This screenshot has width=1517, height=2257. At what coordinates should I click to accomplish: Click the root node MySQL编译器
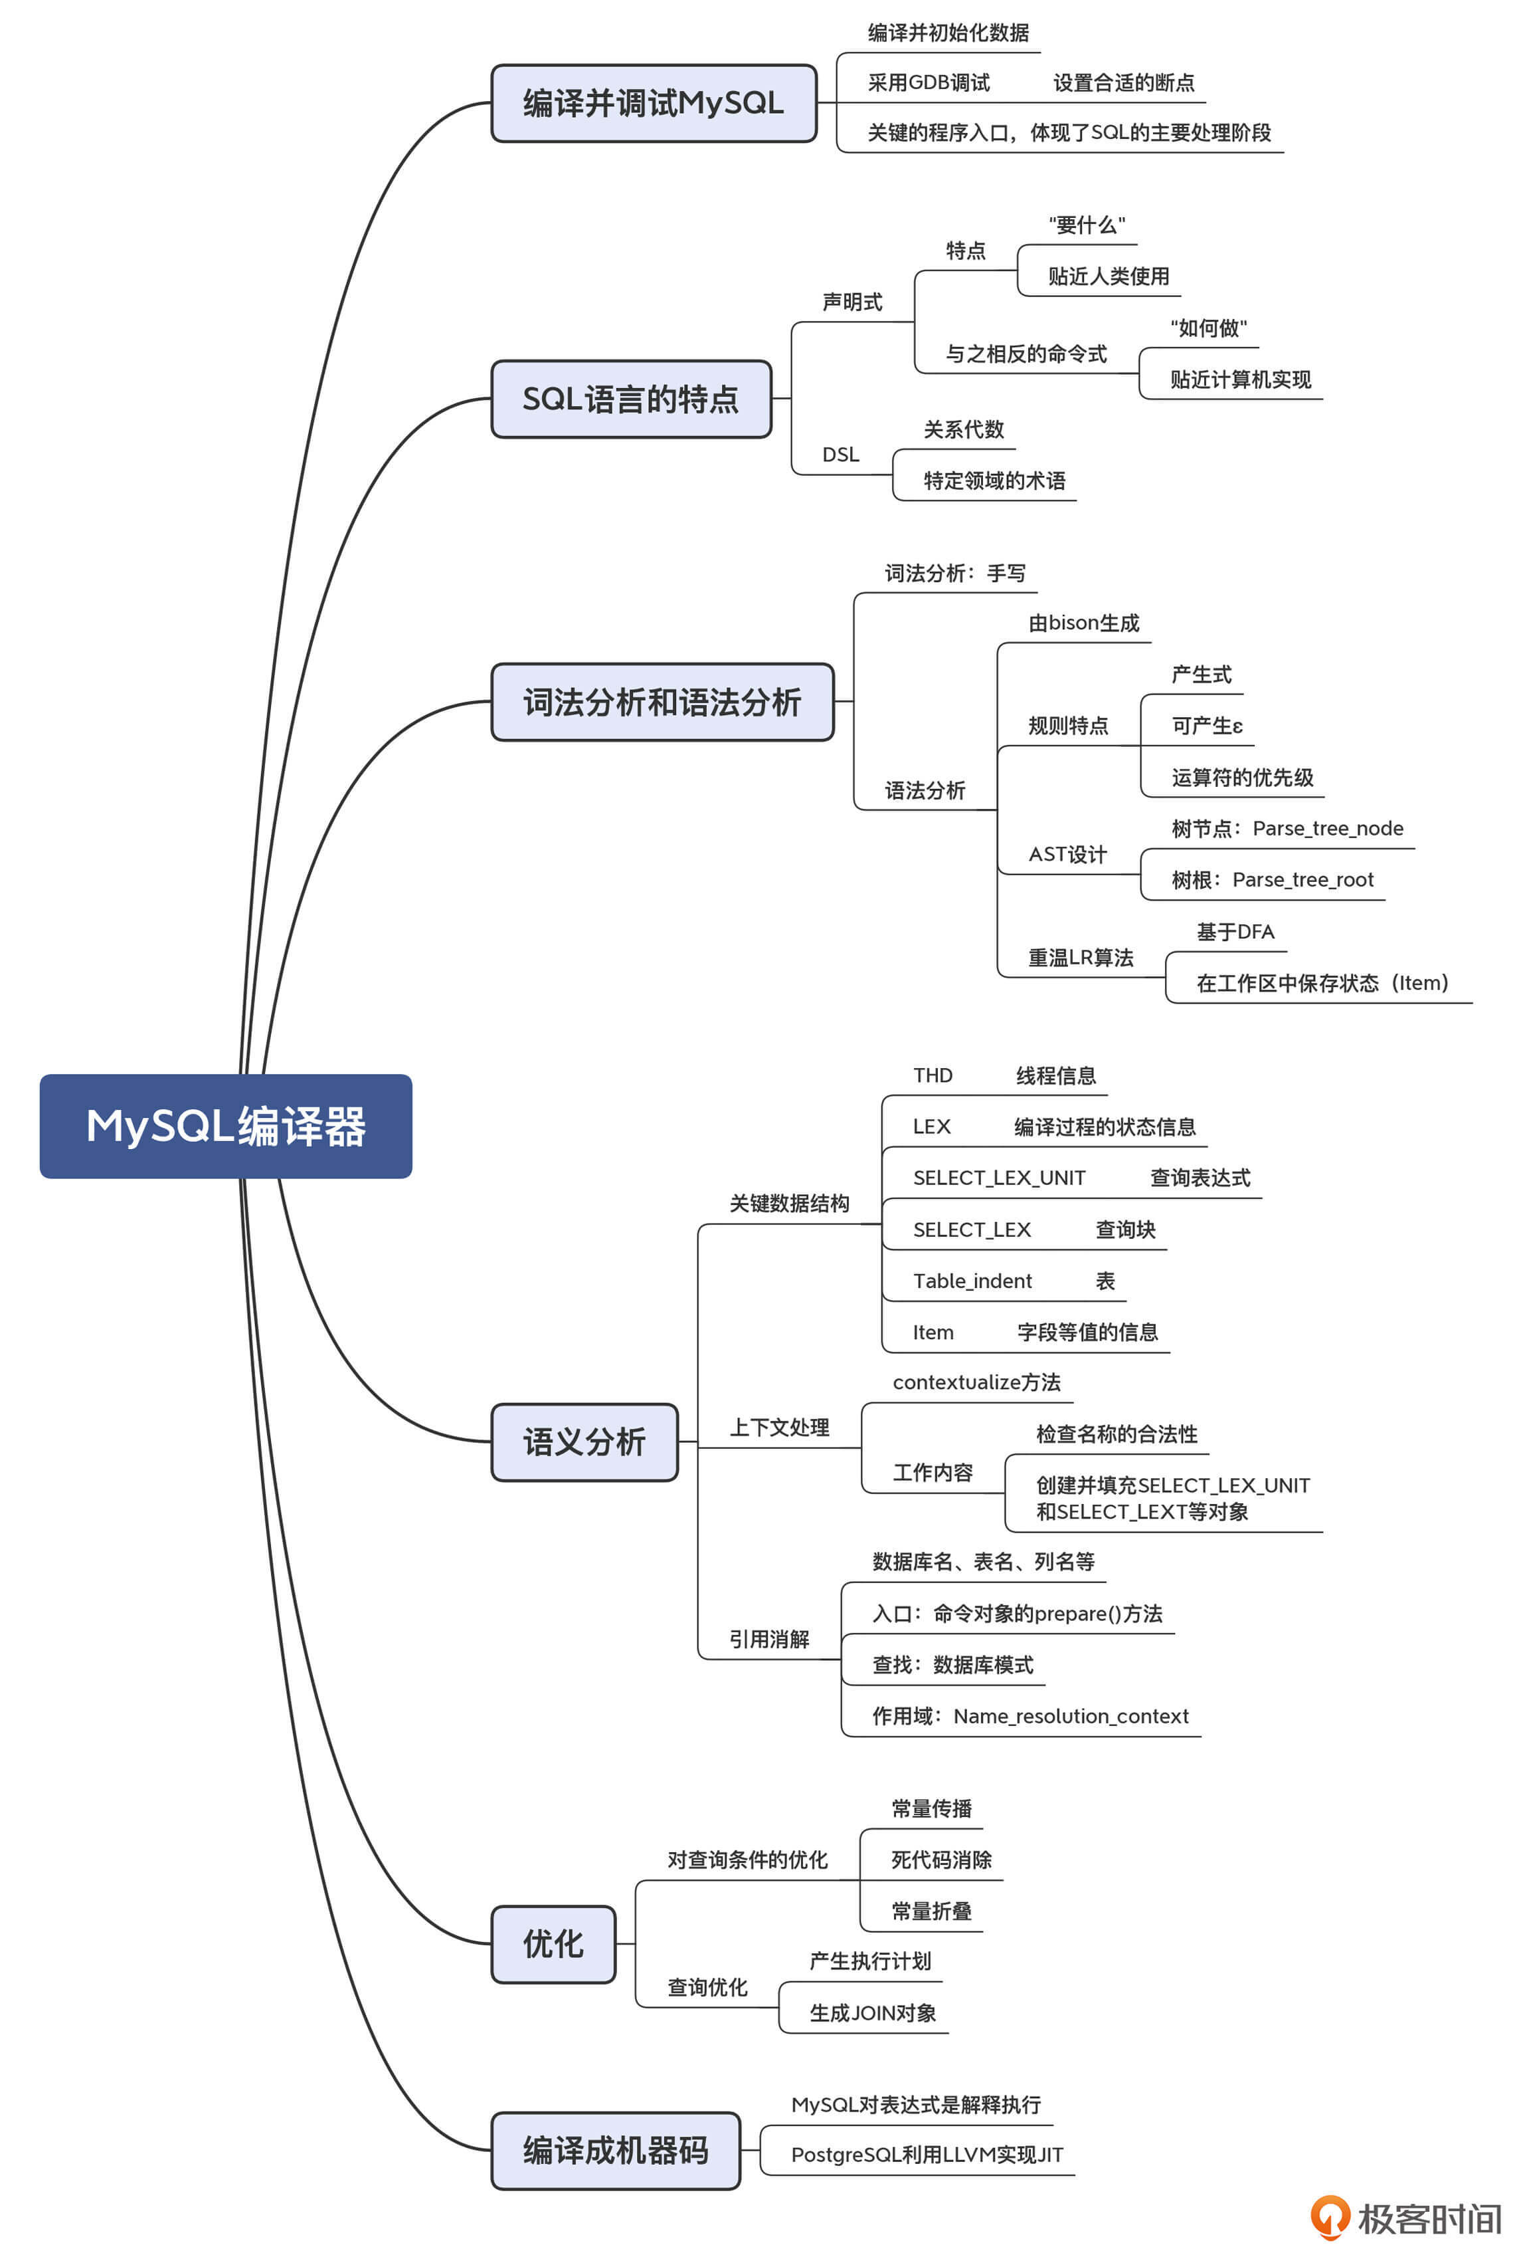225,1126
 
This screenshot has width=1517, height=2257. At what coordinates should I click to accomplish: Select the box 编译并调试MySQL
653,102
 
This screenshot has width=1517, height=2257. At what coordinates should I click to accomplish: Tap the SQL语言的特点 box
631,399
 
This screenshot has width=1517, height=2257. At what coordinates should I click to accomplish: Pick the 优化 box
553,1943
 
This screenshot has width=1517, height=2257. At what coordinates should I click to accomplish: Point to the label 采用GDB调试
928,83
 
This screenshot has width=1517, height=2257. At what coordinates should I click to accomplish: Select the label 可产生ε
1206,726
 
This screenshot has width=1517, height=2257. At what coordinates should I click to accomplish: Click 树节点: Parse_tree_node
1286,829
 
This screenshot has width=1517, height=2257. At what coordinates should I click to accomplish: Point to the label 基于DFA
1235,932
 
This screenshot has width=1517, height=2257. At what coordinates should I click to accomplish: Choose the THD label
933,1075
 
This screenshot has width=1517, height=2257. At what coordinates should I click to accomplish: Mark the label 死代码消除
940,1860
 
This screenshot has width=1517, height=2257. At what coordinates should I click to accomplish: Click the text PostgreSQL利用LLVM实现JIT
926,2155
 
